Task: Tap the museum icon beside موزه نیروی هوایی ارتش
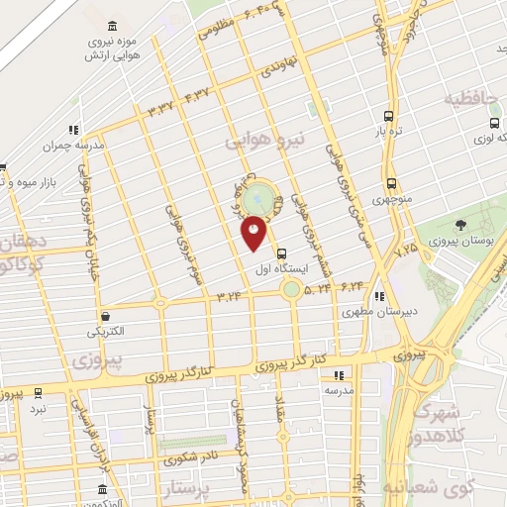click(x=109, y=25)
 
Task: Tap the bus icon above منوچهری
click(x=392, y=183)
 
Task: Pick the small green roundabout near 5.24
click(x=291, y=289)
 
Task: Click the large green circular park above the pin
click(x=258, y=197)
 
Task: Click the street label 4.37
click(x=196, y=96)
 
